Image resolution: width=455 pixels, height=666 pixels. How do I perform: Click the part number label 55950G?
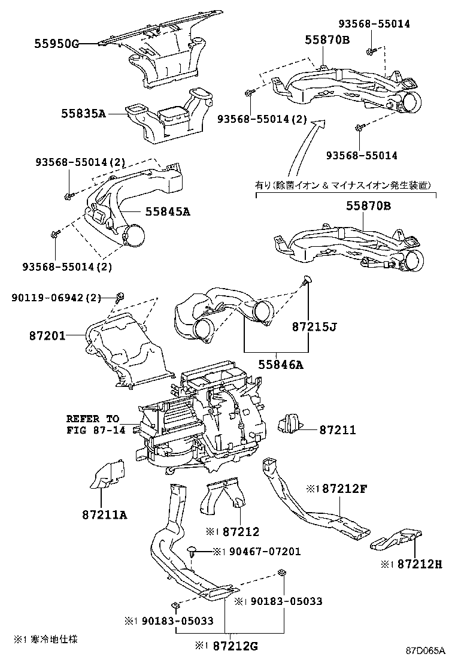click(x=56, y=44)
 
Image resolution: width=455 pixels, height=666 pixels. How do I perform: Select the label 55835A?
click(x=83, y=113)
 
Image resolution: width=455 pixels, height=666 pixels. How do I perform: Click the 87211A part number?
click(x=105, y=514)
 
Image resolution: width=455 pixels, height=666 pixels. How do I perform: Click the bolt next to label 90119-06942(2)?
click(x=119, y=295)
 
